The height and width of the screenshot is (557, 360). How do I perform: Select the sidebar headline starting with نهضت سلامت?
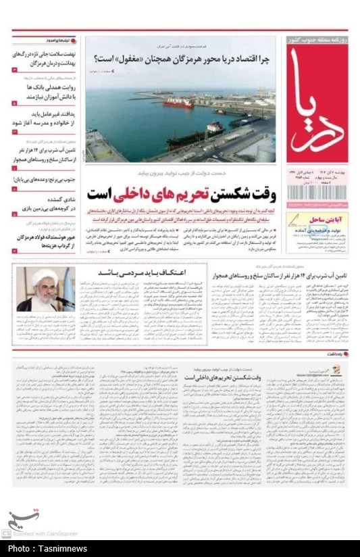(43, 57)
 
